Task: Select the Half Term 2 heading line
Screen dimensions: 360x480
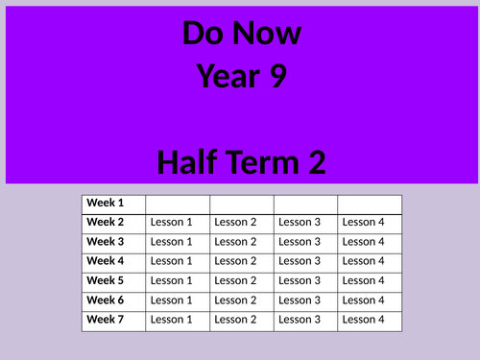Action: [241, 161]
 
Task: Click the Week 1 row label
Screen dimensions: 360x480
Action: [106, 203]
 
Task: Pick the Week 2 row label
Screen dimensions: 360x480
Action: [106, 222]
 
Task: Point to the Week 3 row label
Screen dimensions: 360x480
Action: [106, 241]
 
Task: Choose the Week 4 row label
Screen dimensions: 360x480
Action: [106, 261]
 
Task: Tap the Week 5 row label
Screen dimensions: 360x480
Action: [106, 280]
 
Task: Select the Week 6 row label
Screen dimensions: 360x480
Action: [106, 300]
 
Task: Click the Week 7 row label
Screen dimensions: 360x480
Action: [106, 319]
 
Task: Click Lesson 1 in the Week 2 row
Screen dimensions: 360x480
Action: [172, 223]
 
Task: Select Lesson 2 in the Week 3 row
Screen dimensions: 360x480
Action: [235, 242]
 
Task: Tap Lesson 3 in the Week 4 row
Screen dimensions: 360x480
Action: [300, 261]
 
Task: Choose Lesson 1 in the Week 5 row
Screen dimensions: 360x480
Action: [172, 280]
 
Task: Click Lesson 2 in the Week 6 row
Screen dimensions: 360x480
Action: [235, 300]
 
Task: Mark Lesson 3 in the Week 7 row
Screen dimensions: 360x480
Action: [300, 320]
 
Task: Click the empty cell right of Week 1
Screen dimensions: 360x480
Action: [178, 204]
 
